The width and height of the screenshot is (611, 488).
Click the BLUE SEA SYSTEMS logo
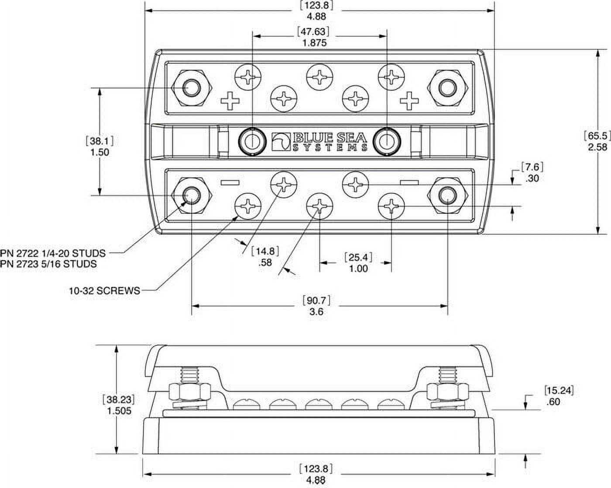(x=319, y=141)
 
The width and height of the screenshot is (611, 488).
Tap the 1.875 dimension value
(x=314, y=43)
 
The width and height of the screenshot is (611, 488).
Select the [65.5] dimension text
(x=597, y=136)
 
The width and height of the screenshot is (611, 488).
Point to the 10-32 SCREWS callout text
(x=105, y=290)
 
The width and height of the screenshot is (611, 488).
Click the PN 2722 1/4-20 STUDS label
(x=53, y=253)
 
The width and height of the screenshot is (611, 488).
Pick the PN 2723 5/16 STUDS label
(x=48, y=264)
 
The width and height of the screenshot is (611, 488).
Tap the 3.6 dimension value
(x=316, y=312)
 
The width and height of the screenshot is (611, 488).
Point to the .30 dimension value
(x=532, y=178)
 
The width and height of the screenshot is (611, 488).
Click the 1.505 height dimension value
(x=118, y=411)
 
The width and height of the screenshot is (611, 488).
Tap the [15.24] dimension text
(x=559, y=390)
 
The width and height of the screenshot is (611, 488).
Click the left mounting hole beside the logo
(x=252, y=141)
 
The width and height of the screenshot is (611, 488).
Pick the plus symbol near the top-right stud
(x=409, y=101)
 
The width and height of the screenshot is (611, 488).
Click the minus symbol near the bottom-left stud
(x=230, y=182)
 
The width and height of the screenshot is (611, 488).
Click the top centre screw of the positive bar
(x=319, y=77)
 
